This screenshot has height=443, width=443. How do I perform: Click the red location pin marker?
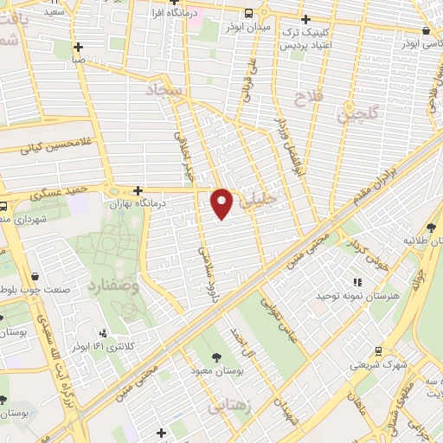click(x=222, y=202)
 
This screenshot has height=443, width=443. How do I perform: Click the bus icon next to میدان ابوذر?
click(x=249, y=13)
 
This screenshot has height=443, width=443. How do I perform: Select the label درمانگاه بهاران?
click(x=136, y=202)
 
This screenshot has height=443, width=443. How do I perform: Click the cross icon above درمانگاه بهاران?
click(x=138, y=189)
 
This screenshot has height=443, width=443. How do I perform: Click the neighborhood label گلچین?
click(x=358, y=112)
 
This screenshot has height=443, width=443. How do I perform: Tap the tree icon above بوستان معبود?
click(x=215, y=357)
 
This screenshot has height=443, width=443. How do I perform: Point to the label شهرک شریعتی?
click(x=378, y=364)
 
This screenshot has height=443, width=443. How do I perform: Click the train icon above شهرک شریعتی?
click(x=378, y=351)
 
